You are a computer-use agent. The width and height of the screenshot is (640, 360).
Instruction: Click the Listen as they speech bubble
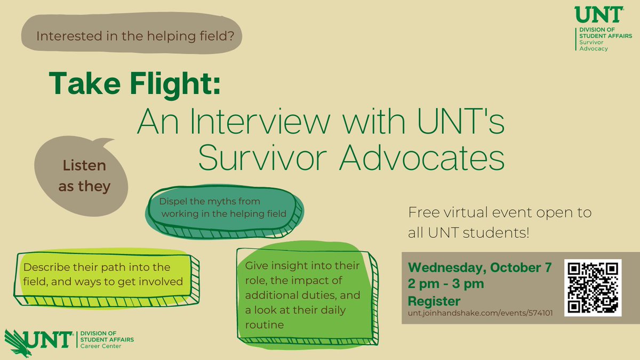83,176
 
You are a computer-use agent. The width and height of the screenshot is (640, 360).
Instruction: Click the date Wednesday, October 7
479,267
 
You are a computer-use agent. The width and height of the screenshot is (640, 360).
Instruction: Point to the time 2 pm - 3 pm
446,284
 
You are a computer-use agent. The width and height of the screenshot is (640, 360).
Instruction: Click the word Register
434,300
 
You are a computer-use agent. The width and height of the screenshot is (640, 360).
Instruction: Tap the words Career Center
100,346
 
